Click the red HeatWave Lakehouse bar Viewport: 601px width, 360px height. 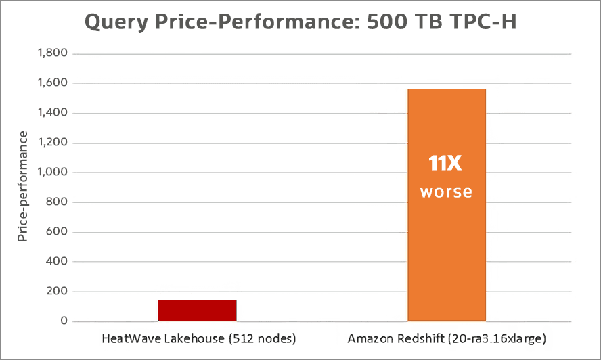point(197,310)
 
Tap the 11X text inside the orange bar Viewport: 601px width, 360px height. point(446,163)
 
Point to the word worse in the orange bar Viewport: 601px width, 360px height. point(446,192)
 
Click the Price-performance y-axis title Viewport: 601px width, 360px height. point(23,187)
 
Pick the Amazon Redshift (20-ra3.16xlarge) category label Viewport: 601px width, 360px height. point(447,338)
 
